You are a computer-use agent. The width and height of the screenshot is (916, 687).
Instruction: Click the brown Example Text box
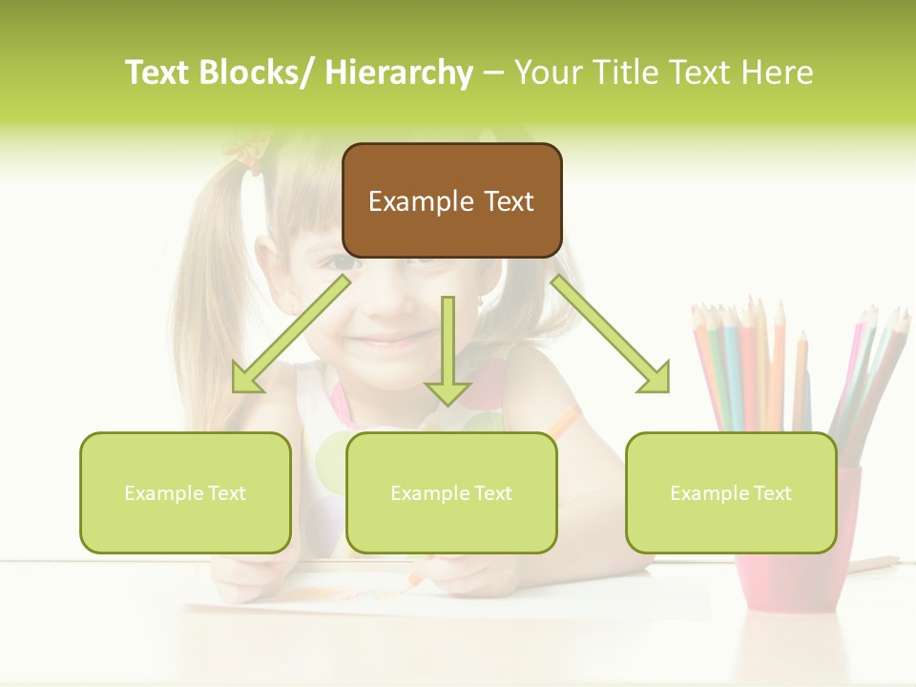(451, 200)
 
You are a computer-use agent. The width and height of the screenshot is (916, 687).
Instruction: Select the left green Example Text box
(185, 492)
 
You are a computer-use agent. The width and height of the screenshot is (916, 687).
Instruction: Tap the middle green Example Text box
(451, 492)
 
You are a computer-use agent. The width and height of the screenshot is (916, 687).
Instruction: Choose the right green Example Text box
(731, 492)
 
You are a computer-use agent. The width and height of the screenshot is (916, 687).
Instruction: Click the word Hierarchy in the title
(399, 73)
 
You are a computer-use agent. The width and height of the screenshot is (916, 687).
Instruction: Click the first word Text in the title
(158, 73)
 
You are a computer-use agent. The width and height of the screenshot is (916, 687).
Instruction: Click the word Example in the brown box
(422, 201)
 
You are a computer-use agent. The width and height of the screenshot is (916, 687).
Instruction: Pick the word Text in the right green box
(771, 493)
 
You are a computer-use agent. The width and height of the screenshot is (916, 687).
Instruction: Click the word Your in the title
(546, 73)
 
